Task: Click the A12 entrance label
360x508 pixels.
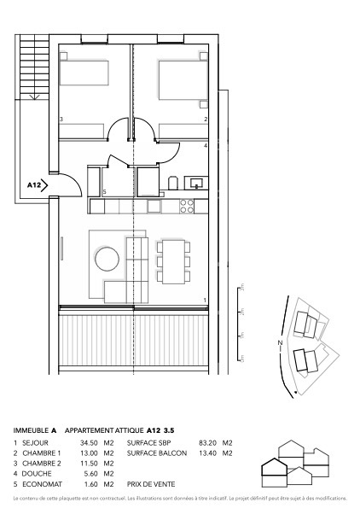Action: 34,184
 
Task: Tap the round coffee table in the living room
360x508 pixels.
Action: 107,258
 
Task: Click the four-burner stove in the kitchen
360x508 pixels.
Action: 186,206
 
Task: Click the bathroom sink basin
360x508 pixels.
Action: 196,182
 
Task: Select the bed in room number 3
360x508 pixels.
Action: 84,73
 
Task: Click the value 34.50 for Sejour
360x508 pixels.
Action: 88,443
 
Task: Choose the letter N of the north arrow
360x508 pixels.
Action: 278,343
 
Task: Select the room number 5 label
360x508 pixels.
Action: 104,192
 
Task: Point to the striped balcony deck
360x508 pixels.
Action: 136,340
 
